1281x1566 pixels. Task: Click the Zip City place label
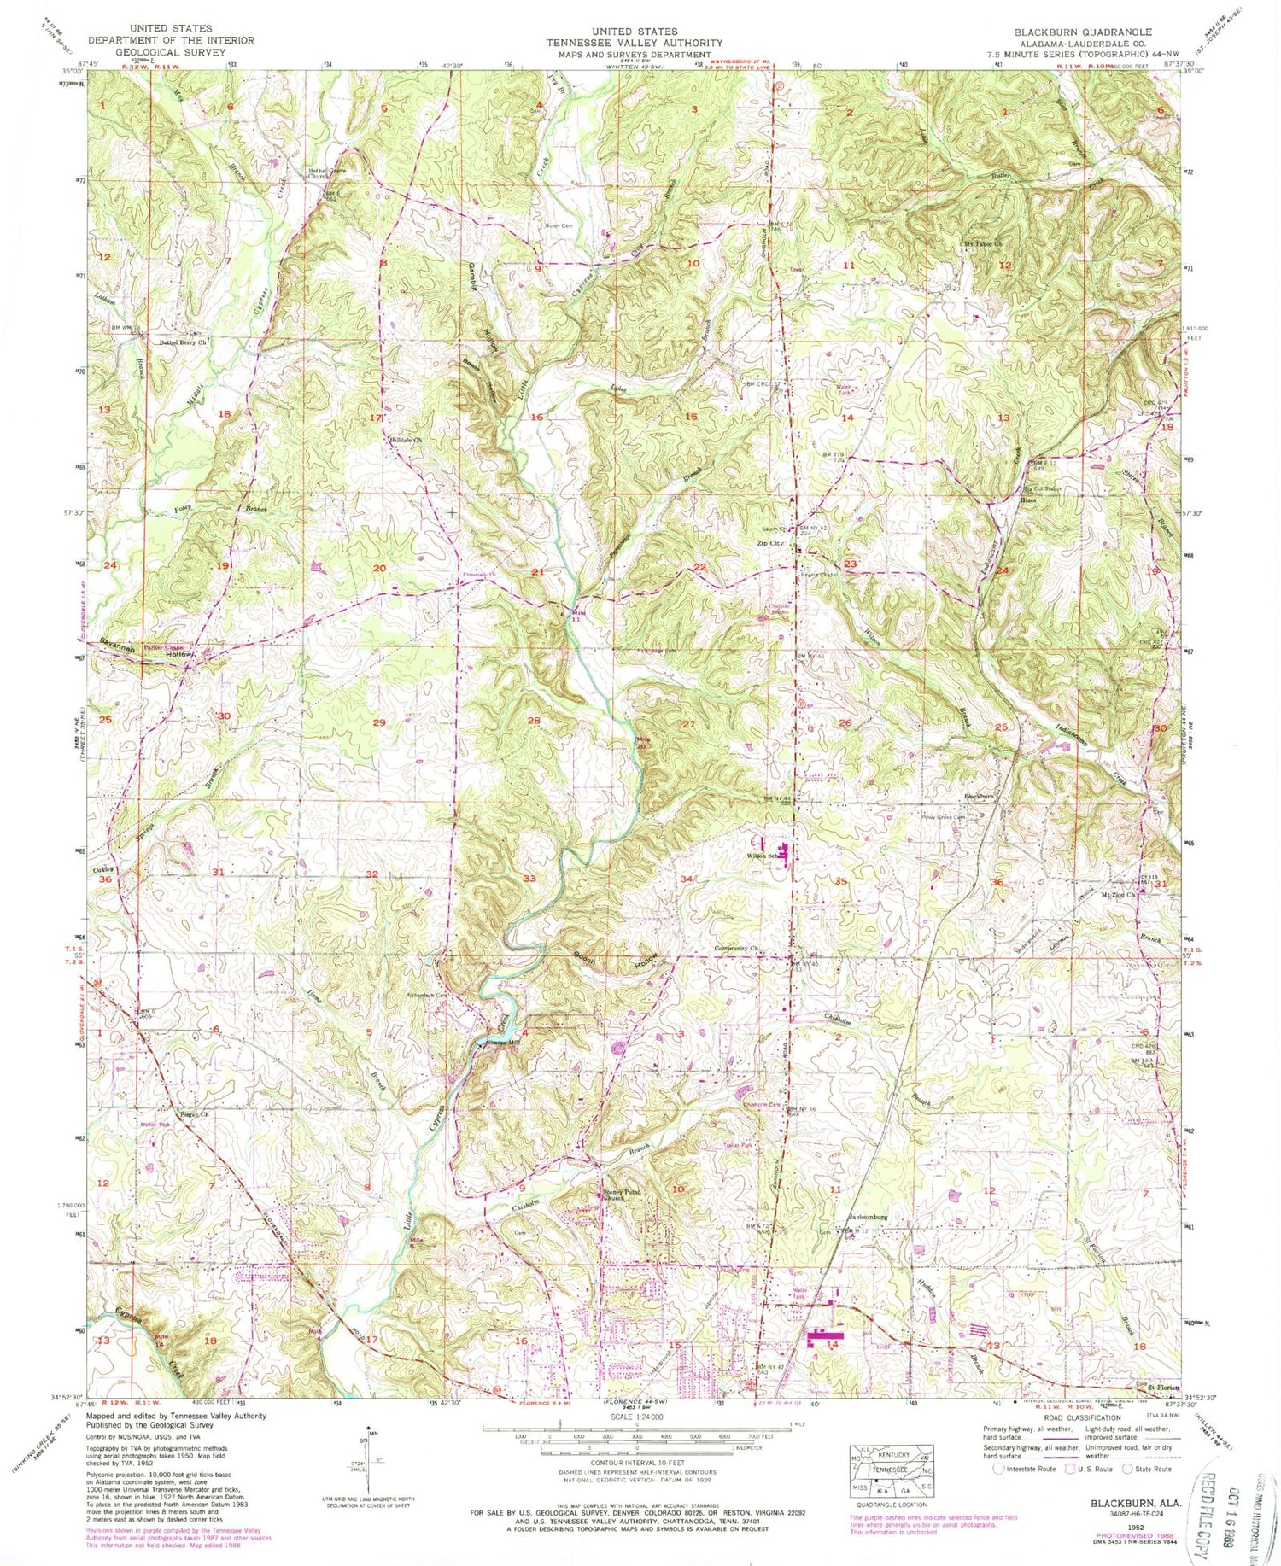point(769,543)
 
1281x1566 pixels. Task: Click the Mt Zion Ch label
point(1119,896)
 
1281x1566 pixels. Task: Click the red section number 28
point(535,721)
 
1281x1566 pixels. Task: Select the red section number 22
point(700,567)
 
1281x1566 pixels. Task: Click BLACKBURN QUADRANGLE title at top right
point(1083,32)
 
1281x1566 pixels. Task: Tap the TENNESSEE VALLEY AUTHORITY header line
point(634,42)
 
